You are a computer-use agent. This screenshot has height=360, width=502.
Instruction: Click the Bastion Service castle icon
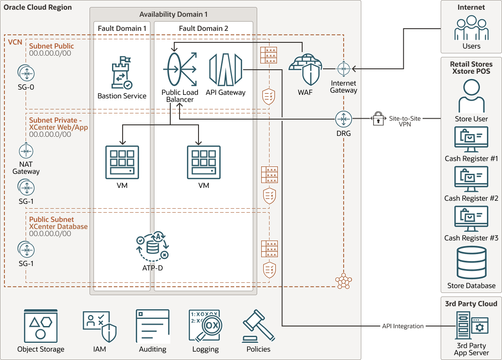pyautogui.click(x=122, y=74)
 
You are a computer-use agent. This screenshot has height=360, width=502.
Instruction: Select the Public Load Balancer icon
pyautogui.click(x=180, y=70)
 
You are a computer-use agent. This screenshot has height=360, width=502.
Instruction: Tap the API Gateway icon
pyautogui.click(x=225, y=70)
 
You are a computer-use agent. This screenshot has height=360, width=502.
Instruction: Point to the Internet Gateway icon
pyautogui.click(x=343, y=69)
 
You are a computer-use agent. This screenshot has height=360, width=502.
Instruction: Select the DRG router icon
pyautogui.click(x=343, y=119)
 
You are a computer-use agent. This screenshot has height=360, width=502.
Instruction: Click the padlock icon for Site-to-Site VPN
pyautogui.click(x=378, y=119)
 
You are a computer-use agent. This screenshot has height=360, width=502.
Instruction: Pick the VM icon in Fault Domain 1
pyautogui.click(x=122, y=162)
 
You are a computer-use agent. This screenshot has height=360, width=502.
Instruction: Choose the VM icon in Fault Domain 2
pyautogui.click(x=203, y=162)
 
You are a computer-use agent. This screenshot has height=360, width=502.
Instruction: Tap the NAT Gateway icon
pyautogui.click(x=26, y=151)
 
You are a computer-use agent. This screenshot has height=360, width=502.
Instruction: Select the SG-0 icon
pyautogui.click(x=26, y=73)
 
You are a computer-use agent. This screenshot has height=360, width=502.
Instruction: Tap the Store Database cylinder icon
pyautogui.click(x=471, y=263)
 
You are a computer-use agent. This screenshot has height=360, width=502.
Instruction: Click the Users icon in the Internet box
pyautogui.click(x=471, y=28)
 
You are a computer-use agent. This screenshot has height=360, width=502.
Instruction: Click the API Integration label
pyautogui.click(x=402, y=326)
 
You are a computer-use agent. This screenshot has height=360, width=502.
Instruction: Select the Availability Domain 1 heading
pyautogui.click(x=173, y=15)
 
